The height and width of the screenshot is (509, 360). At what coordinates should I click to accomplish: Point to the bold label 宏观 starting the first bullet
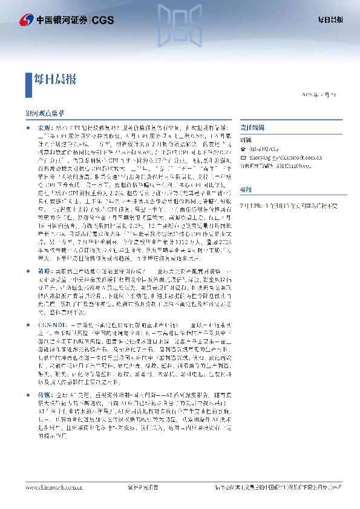(45, 129)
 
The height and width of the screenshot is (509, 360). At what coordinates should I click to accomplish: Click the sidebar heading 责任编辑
(244, 129)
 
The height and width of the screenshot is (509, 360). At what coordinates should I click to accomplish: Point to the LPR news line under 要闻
(285, 206)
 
